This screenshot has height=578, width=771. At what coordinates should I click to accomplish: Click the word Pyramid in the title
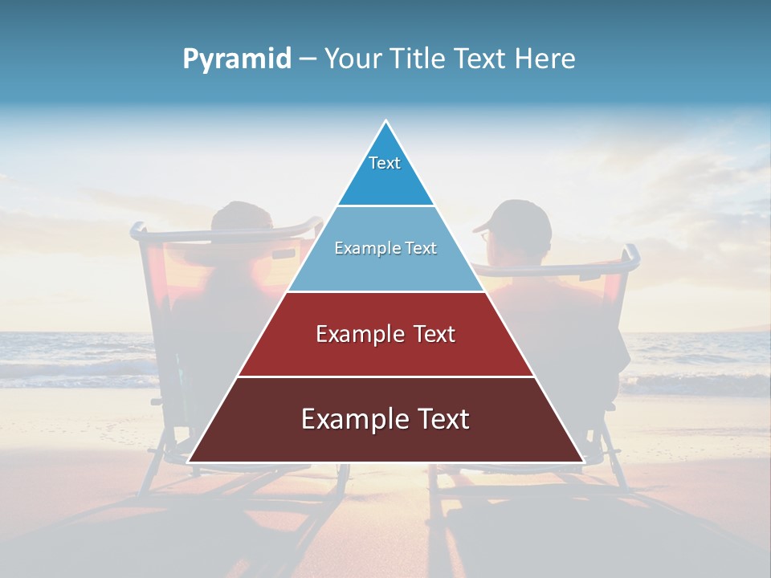[236, 59]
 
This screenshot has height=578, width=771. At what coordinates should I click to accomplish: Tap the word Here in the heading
[545, 59]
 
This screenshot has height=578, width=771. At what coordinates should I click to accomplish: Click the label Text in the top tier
[385, 163]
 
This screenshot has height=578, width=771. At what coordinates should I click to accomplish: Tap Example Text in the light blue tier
[385, 248]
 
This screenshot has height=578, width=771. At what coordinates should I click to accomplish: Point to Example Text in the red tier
[385, 334]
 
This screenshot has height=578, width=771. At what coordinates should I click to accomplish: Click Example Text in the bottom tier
[385, 419]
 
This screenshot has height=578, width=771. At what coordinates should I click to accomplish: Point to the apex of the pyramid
[385, 122]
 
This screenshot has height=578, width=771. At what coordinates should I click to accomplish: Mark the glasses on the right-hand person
[484, 236]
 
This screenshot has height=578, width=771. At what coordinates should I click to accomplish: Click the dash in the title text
[308, 59]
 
